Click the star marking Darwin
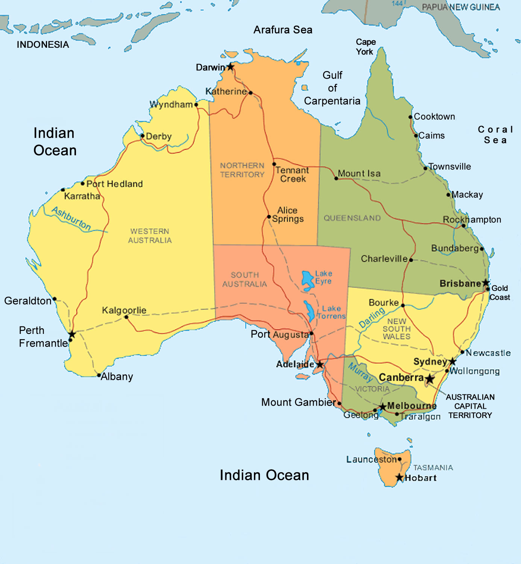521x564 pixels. pyautogui.click(x=230, y=67)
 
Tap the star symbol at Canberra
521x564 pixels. pyautogui.click(x=430, y=379)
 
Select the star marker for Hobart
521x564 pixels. pyautogui.click(x=399, y=478)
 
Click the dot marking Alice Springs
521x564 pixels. pyautogui.click(x=269, y=217)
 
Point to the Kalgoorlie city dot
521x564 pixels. pyautogui.click(x=126, y=317)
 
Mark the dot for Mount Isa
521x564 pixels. pyautogui.click(x=336, y=178)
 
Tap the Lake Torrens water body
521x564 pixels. pyautogui.click(x=310, y=311)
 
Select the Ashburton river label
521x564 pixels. pyautogui.click(x=71, y=218)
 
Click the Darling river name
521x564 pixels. pyautogui.click(x=372, y=317)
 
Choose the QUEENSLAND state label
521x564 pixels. pyautogui.click(x=352, y=218)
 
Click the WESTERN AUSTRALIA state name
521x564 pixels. pyautogui.click(x=150, y=236)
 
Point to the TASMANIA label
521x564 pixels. pyautogui.click(x=433, y=468)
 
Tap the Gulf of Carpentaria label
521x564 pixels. pyautogui.click(x=332, y=88)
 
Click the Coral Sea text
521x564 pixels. pyautogui.click(x=495, y=135)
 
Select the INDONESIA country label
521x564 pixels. pyautogui.click(x=43, y=45)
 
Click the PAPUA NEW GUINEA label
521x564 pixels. pyautogui.click(x=461, y=7)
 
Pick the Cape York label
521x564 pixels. pyautogui.click(x=365, y=47)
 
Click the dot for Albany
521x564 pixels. pyautogui.click(x=99, y=375)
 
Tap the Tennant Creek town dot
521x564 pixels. pyautogui.click(x=274, y=164)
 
